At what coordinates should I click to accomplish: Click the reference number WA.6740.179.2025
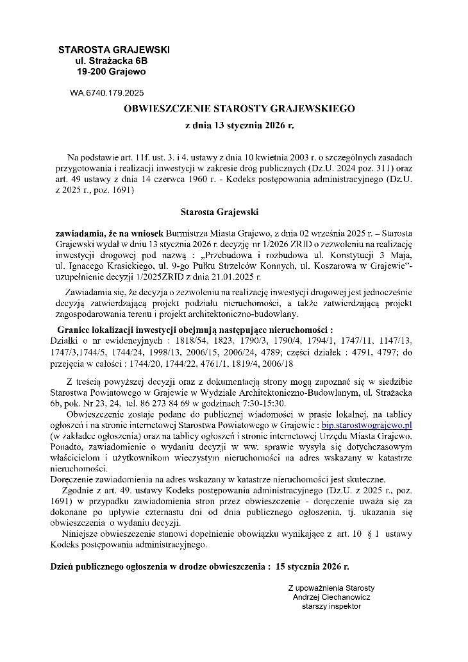[x=106, y=92]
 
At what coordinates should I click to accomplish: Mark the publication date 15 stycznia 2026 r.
[x=312, y=567]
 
